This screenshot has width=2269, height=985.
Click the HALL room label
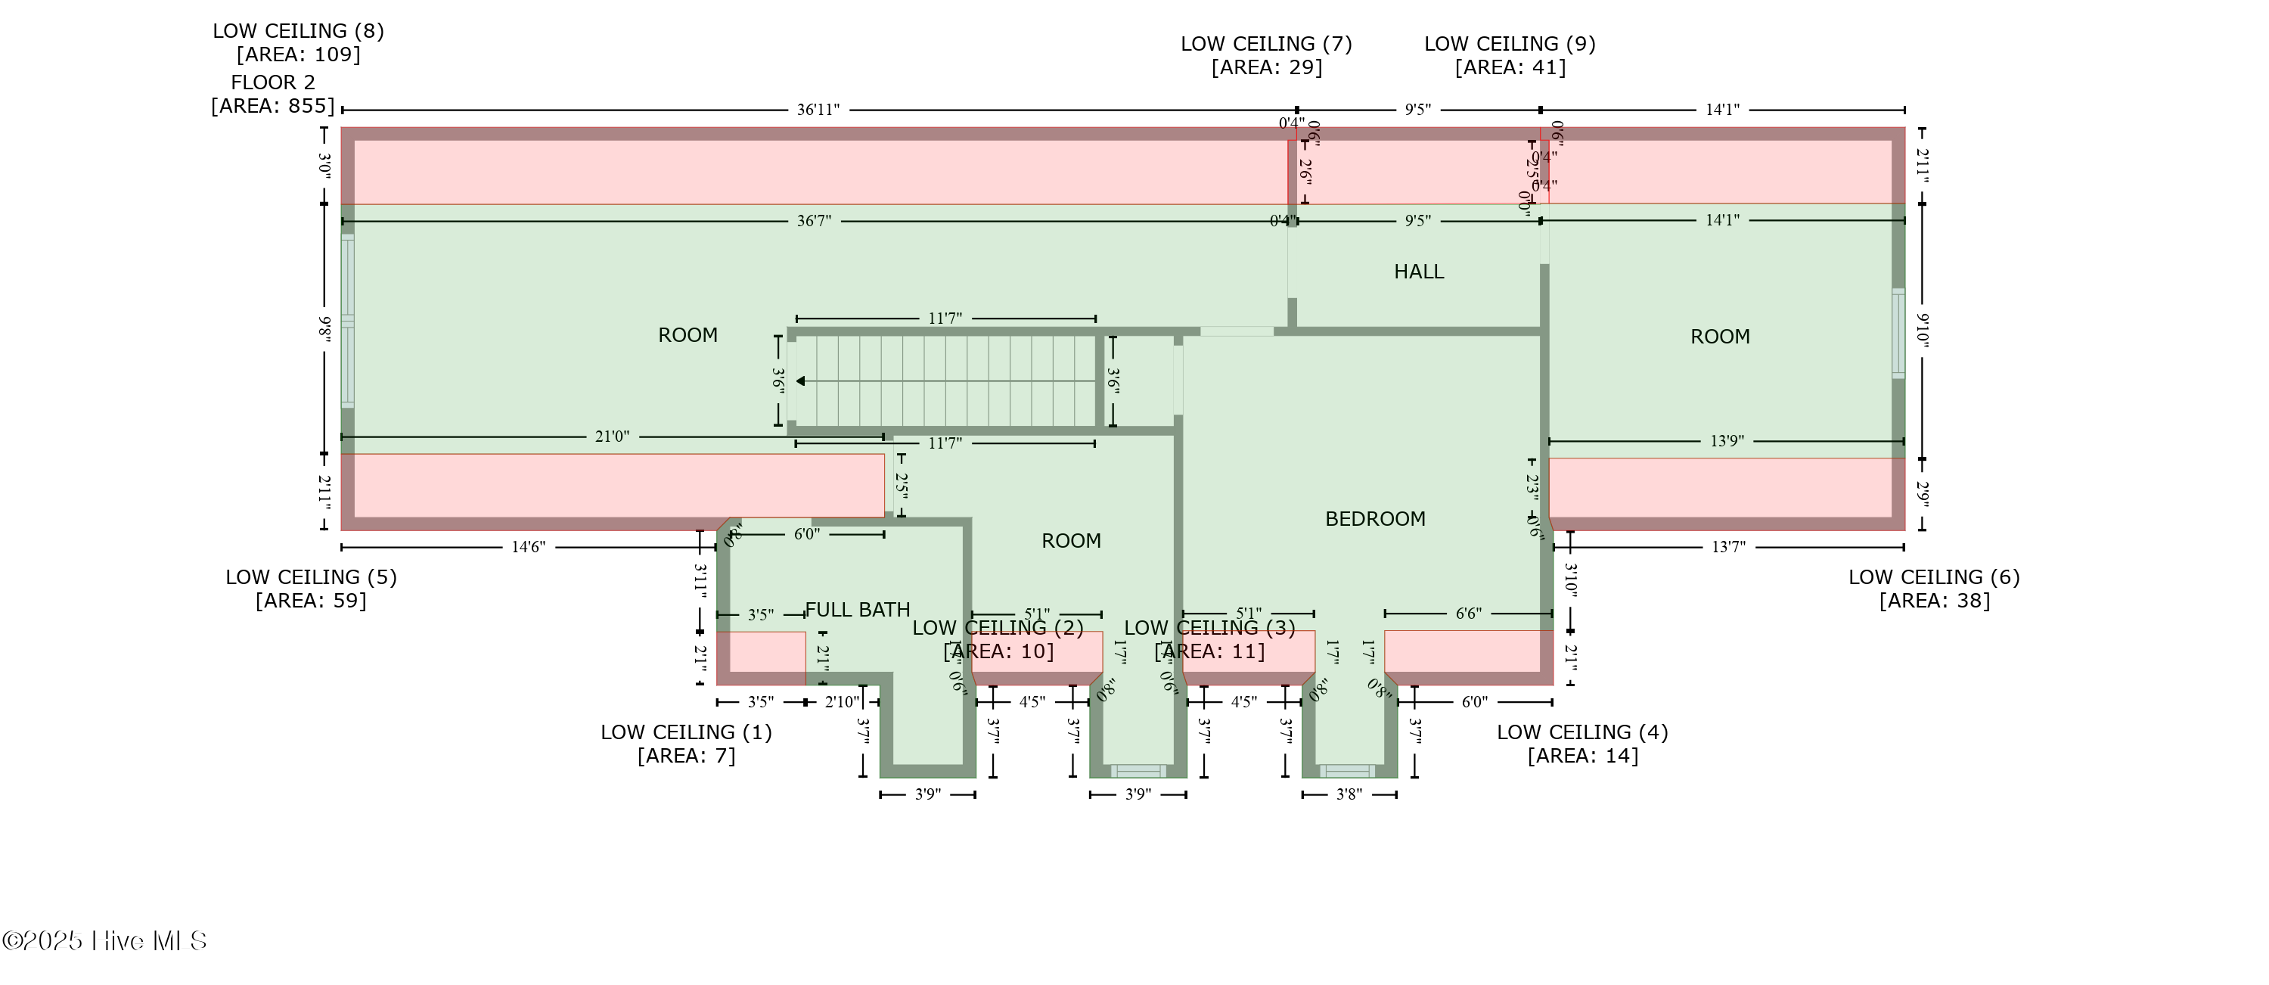tap(1418, 272)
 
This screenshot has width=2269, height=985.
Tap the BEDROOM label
tap(1375, 519)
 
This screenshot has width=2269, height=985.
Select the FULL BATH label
tap(857, 610)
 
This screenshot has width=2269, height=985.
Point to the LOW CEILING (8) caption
tap(298, 42)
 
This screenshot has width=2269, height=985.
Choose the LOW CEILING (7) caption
tap(1266, 55)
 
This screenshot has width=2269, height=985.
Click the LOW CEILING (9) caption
tap(1510, 55)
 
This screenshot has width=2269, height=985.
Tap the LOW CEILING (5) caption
tap(311, 589)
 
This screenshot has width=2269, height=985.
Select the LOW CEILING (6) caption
tap(1934, 589)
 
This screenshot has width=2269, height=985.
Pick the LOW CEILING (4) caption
tap(1582, 744)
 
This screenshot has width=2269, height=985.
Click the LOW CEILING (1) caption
tap(686, 744)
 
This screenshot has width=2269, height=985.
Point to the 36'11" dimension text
tap(818, 110)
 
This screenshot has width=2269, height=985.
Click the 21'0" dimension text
tap(612, 436)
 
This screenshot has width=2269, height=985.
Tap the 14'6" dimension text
tap(529, 547)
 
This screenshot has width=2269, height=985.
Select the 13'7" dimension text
tap(1728, 547)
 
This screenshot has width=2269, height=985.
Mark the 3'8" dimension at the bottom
tap(1349, 794)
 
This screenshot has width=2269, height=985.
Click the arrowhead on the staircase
tap(801, 381)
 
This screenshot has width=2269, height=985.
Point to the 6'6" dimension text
tap(1468, 614)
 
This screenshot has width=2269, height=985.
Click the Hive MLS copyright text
tap(104, 941)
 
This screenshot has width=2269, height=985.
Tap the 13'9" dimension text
tap(1727, 440)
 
